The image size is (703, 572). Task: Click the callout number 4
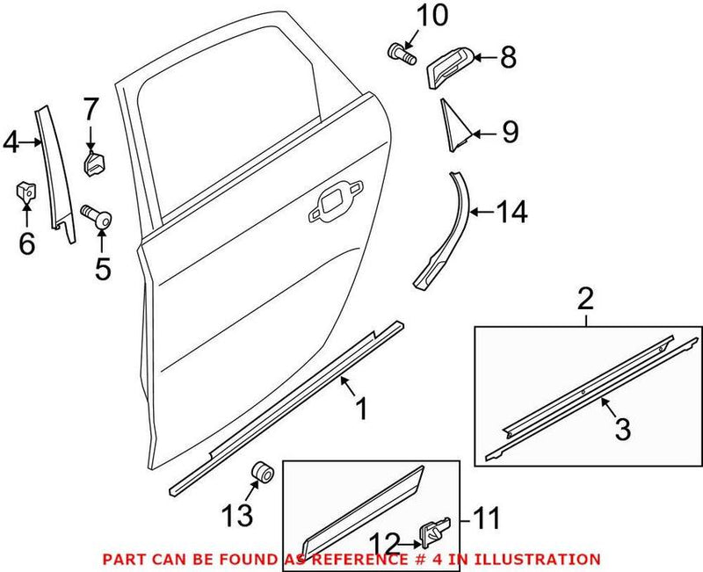tap(11, 141)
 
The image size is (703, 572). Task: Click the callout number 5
tap(103, 267)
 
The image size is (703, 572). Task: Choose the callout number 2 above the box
tap(585, 298)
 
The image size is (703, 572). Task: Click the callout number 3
tap(620, 430)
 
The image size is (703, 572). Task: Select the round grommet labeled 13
tap(261, 474)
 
